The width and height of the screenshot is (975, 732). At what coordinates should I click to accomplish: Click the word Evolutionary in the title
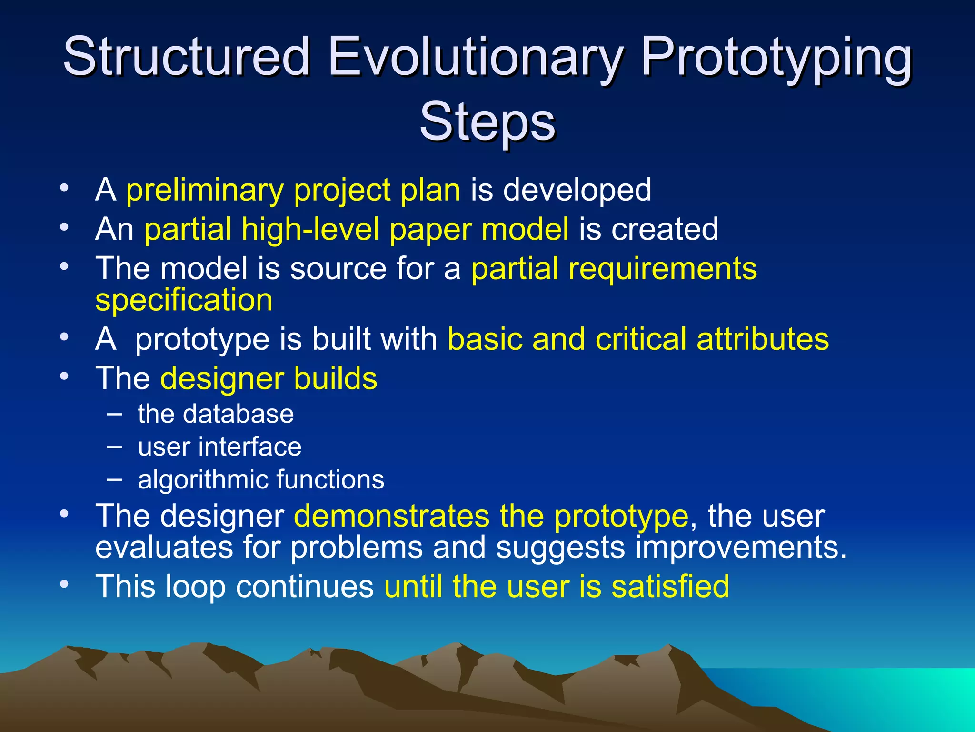(x=474, y=57)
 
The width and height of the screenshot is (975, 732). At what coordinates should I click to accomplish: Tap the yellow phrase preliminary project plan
(x=293, y=191)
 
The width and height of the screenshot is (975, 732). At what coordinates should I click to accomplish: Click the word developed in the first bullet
(x=577, y=191)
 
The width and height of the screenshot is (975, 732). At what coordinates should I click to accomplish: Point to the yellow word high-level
(x=310, y=230)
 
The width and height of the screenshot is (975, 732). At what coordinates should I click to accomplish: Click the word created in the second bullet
(x=665, y=230)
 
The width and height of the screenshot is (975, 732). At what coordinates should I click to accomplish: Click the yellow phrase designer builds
(x=269, y=379)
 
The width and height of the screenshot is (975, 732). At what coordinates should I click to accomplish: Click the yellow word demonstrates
(x=391, y=516)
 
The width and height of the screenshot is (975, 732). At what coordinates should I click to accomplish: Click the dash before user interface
(x=114, y=447)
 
